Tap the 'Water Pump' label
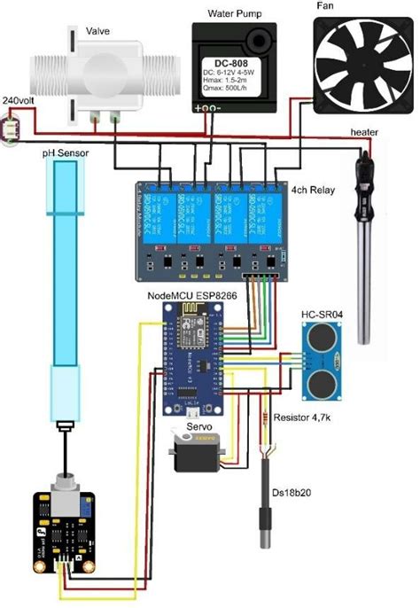coord(233,13)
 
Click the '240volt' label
coord(19,100)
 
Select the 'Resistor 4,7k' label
coord(307,417)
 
